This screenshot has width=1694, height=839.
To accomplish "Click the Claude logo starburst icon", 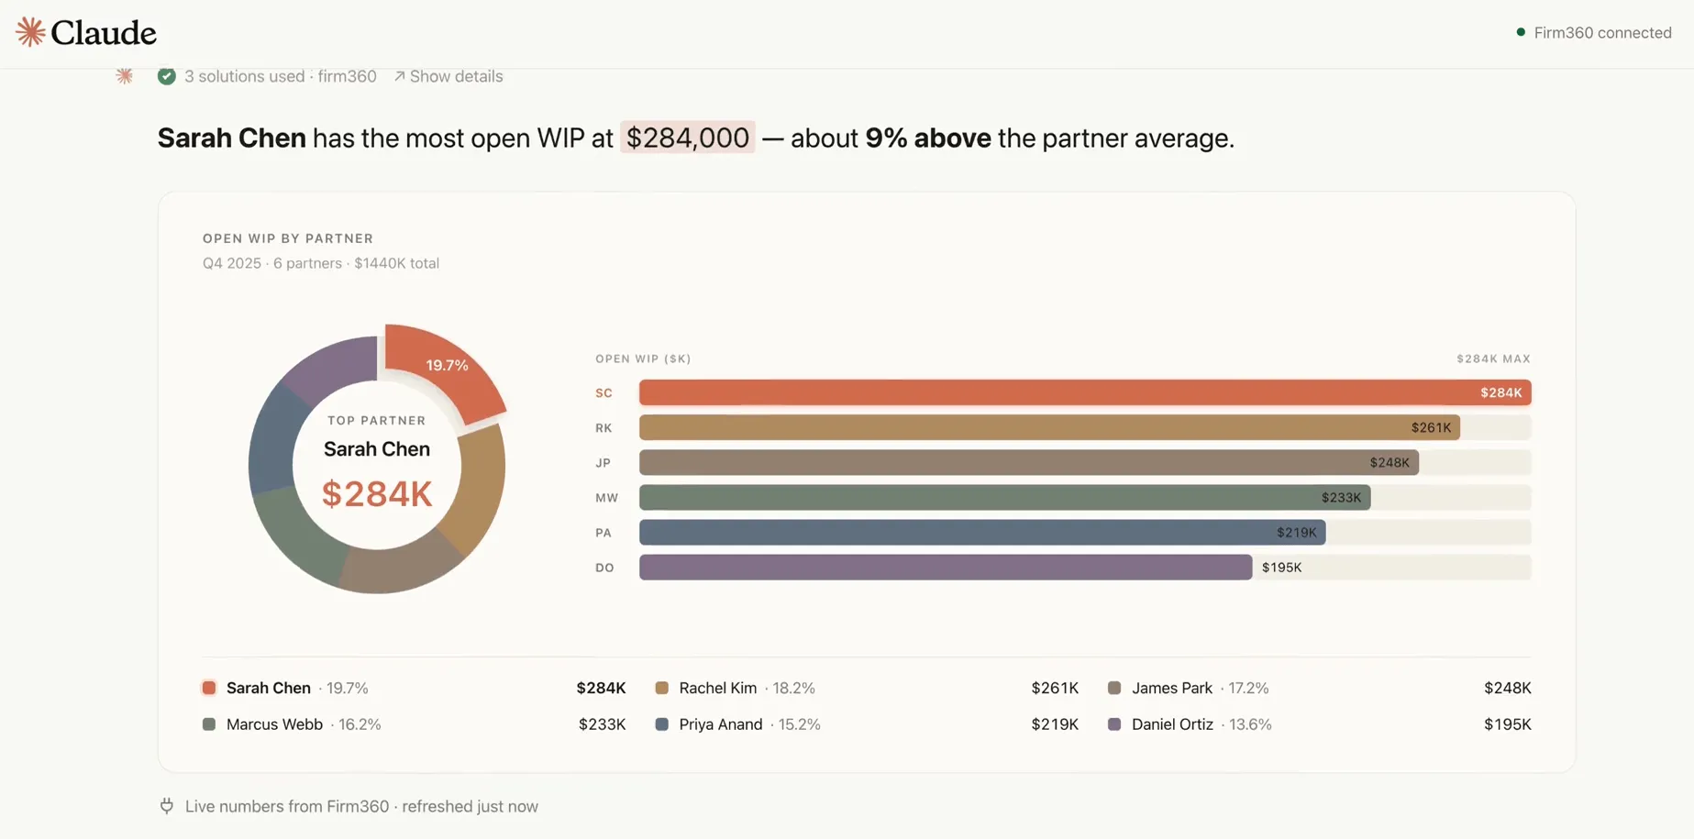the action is click(30, 32).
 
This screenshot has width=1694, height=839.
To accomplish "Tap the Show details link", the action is click(448, 76).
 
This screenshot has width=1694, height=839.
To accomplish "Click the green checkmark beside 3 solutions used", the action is click(166, 76).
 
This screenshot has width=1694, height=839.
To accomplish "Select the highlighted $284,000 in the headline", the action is click(688, 138).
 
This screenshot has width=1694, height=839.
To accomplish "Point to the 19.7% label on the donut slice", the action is click(447, 365).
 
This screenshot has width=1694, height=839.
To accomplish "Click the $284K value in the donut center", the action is click(377, 494).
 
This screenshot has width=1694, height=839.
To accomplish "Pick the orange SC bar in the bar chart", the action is click(1085, 392).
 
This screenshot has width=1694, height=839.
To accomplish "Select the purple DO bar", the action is click(946, 568).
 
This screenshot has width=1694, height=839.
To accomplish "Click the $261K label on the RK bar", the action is click(1431, 427).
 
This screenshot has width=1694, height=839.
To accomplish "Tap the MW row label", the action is click(607, 498).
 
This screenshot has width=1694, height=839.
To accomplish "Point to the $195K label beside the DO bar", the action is click(1281, 568).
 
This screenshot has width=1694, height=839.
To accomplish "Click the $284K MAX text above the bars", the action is click(1493, 359).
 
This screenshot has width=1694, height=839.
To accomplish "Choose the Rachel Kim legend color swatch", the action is click(661, 688).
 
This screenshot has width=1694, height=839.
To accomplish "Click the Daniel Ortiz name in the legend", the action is click(1172, 724).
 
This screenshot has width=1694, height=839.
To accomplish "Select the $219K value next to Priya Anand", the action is click(1055, 724).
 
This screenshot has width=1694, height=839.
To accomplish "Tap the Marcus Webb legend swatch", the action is click(209, 724).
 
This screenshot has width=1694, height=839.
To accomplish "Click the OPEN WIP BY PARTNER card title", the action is click(288, 238).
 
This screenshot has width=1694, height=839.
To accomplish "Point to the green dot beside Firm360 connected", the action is click(1521, 32).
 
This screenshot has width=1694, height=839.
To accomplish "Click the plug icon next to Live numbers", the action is click(167, 806).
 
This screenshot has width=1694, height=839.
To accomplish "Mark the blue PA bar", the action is click(982, 533).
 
